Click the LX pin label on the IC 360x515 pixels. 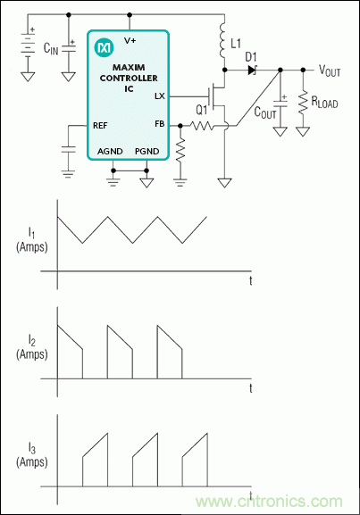point(159,95)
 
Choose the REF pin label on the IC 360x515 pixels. point(100,126)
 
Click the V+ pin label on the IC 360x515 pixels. point(130,39)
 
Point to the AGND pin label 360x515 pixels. point(111,152)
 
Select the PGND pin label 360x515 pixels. point(147,152)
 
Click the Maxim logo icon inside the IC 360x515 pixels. point(105,44)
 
